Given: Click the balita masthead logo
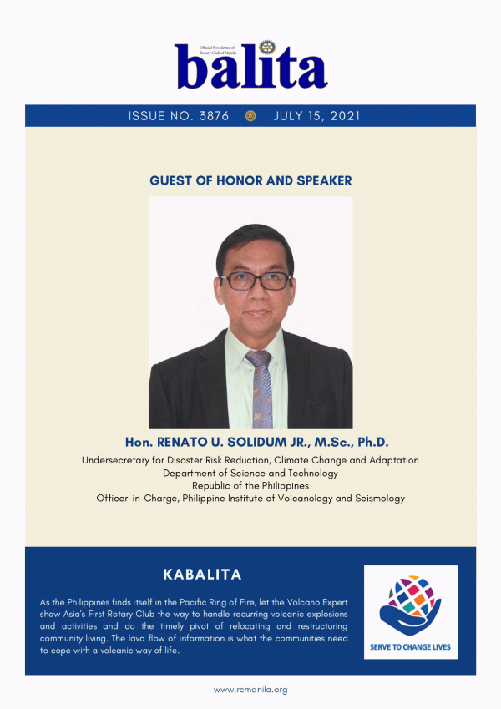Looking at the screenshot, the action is [x=251, y=65].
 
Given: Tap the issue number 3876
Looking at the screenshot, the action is [x=215, y=116].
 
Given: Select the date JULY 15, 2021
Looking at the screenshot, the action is [x=317, y=116].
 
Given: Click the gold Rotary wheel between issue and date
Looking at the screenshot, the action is [x=250, y=116].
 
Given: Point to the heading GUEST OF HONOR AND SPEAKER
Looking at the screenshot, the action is [x=250, y=180].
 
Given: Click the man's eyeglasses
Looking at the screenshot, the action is [x=256, y=281].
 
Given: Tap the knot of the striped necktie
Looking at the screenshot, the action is [x=259, y=358].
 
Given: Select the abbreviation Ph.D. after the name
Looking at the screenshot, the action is [x=373, y=442].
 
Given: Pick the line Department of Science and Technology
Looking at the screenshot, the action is [x=250, y=473].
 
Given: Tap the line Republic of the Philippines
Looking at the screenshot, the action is [x=250, y=486].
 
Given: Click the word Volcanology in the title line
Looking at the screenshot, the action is [x=306, y=499].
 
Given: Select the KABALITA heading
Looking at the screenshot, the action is [x=202, y=575].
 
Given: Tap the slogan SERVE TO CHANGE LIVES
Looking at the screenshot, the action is [x=410, y=647].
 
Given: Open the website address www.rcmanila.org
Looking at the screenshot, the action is [x=250, y=690].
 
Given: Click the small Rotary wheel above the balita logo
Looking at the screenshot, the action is [x=268, y=47].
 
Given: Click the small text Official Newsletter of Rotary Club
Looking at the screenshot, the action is [x=218, y=50].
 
